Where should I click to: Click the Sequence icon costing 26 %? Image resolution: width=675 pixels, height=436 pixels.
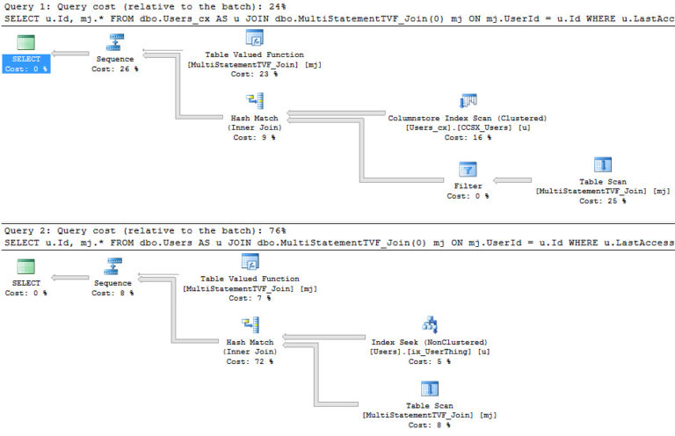pos(113,41)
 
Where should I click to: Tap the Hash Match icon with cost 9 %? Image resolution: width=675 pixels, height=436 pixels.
pos(254,100)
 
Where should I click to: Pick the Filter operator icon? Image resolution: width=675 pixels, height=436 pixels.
pos(468,169)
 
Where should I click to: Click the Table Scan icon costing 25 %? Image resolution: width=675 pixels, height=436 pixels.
pos(602,164)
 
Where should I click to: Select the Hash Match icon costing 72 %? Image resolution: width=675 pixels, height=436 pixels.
pos(250,324)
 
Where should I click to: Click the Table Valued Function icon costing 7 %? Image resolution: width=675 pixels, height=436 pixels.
pos(250,262)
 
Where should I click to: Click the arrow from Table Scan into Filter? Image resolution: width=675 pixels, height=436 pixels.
pos(523,179)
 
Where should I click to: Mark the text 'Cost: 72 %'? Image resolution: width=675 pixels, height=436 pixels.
pos(250,361)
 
